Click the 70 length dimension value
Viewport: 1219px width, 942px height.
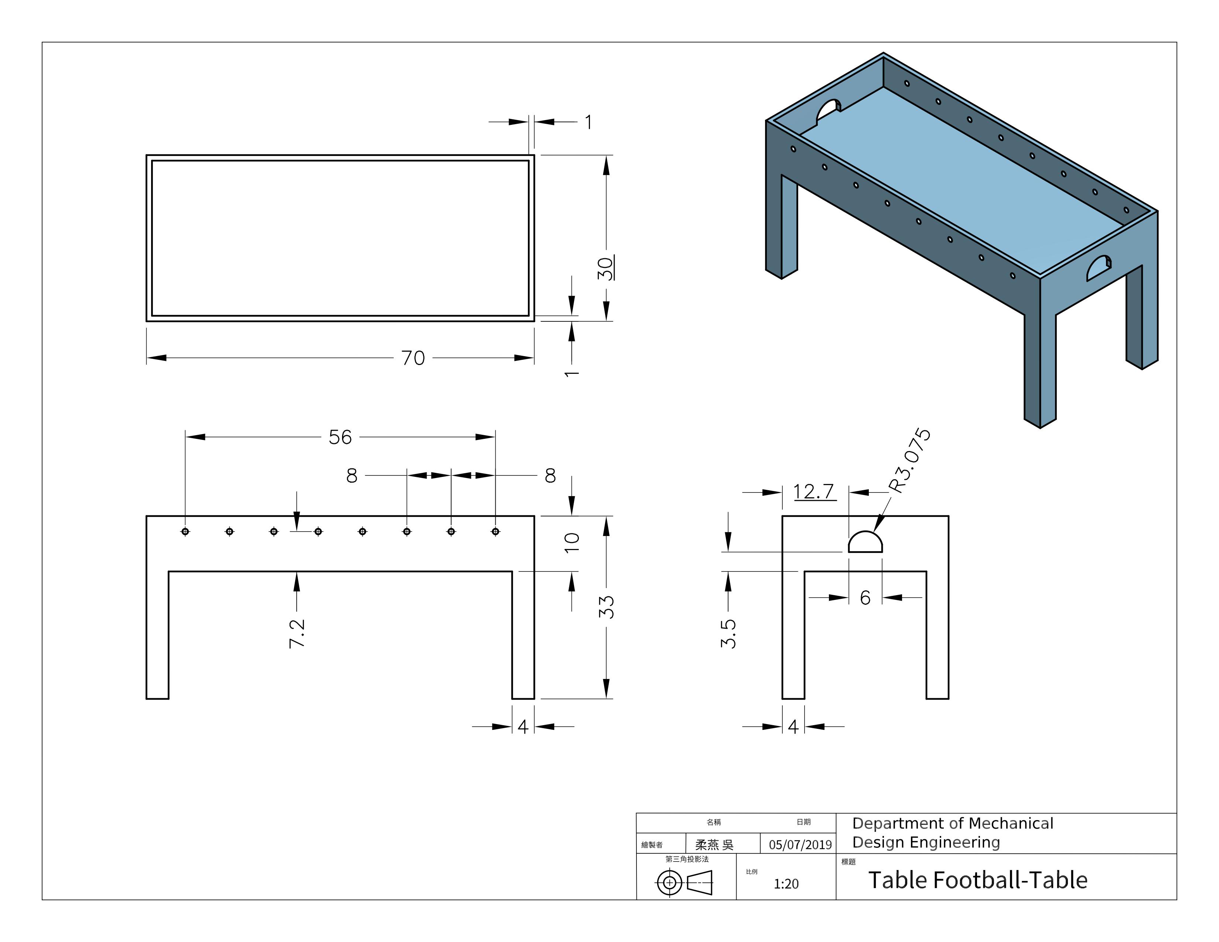[x=413, y=358]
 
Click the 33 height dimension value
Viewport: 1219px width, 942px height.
[x=607, y=607]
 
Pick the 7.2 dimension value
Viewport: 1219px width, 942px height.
[x=297, y=634]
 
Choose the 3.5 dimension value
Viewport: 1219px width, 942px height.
[x=728, y=634]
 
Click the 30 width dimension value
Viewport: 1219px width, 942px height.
[x=605, y=269]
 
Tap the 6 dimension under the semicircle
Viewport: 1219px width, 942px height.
[x=865, y=598]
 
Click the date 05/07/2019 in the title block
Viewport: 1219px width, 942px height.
[x=800, y=844]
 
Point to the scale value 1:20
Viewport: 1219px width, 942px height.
[x=786, y=883]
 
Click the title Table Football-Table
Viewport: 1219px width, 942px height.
[x=978, y=880]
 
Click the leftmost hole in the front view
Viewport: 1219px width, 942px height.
[x=185, y=531]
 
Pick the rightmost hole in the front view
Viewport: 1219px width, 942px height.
[x=495, y=531]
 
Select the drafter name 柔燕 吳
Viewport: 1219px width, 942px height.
[x=714, y=844]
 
